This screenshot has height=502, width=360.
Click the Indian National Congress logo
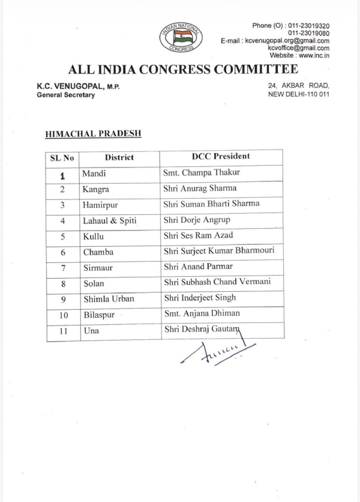180,37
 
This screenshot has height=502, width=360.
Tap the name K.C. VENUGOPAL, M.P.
79,86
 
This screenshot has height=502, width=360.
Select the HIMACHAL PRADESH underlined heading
93,133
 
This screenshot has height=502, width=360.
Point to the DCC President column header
221,157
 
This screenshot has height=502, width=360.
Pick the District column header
119,158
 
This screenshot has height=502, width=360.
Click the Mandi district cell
94,174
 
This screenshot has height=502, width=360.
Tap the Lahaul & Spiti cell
110,221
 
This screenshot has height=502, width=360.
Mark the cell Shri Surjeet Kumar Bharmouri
219,250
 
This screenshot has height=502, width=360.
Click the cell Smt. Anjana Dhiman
202,313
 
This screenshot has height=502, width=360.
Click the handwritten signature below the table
217,352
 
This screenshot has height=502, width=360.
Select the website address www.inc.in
313,55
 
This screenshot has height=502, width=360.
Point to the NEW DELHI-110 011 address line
299,94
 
